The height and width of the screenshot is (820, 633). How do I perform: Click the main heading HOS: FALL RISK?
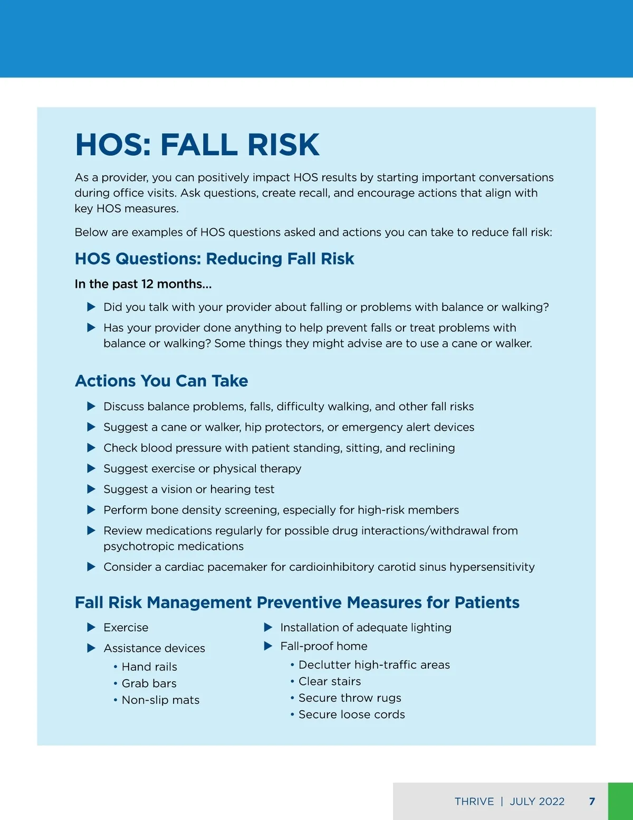click(197, 145)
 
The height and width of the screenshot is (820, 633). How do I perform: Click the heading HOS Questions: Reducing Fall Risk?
click(214, 259)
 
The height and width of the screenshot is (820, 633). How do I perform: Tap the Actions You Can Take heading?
click(161, 381)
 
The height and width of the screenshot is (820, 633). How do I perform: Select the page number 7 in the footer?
click(592, 802)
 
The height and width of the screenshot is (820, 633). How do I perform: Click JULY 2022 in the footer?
click(537, 802)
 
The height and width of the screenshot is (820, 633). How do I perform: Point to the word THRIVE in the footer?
click(474, 802)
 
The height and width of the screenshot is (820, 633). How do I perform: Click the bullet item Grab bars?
click(149, 683)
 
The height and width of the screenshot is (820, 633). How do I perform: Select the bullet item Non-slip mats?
click(160, 700)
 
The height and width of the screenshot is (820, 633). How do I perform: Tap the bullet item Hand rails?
click(149, 667)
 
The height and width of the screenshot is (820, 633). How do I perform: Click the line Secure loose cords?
click(351, 714)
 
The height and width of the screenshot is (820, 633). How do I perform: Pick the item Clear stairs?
click(330, 681)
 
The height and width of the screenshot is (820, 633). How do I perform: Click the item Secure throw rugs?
click(350, 698)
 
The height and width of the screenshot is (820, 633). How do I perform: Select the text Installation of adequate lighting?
click(366, 627)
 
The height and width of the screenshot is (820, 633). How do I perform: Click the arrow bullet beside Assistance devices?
click(91, 648)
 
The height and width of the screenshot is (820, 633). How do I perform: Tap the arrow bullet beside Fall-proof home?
click(268, 646)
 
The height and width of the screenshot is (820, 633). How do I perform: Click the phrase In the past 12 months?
click(143, 284)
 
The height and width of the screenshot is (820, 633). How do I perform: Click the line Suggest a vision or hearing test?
click(189, 489)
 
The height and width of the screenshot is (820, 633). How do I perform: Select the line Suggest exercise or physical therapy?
click(202, 469)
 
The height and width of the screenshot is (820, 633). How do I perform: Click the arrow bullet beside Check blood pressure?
click(91, 448)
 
